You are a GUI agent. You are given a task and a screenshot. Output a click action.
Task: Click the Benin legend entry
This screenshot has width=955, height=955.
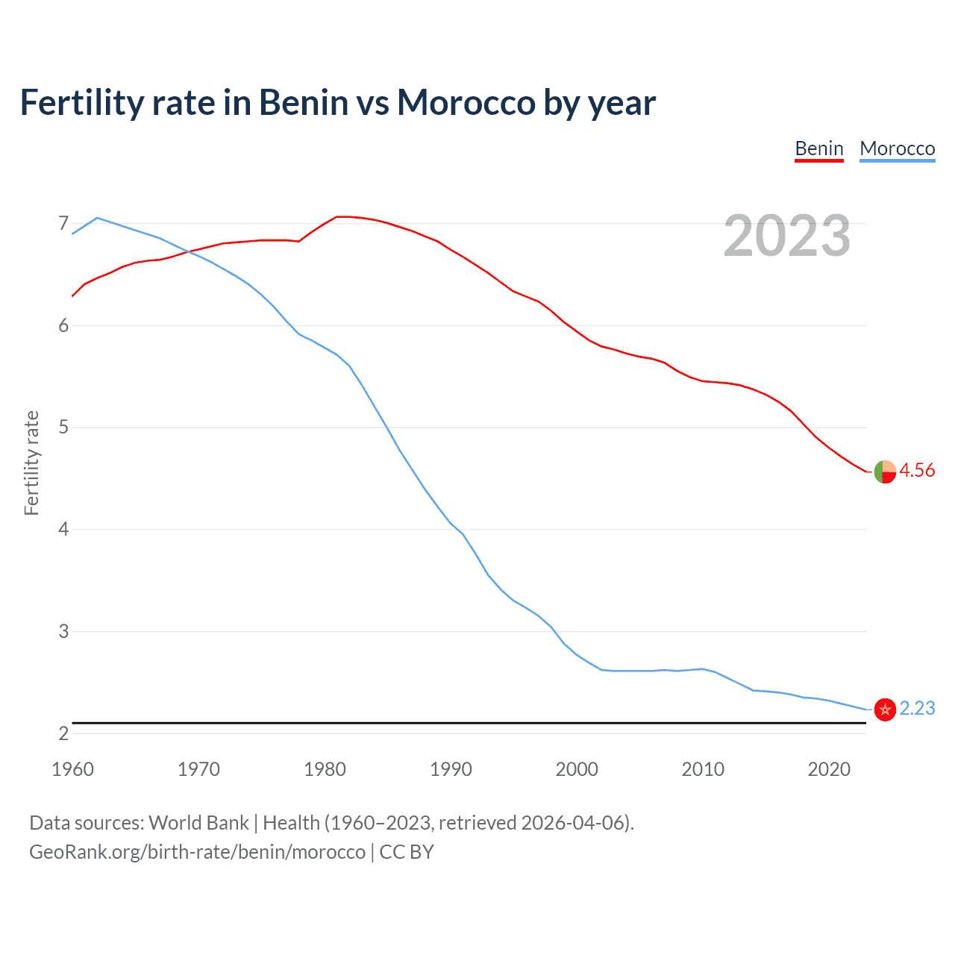coord(818,148)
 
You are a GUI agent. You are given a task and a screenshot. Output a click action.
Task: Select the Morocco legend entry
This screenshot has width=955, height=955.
coord(897,148)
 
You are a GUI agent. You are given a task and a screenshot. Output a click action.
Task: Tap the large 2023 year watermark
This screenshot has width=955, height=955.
coord(786,236)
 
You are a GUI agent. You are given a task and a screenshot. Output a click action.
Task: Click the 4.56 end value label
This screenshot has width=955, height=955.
coord(916,470)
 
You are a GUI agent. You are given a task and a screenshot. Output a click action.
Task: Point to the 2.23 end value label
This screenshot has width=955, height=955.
coord(917,708)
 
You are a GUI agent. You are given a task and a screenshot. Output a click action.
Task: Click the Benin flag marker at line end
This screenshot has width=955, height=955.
coord(885,472)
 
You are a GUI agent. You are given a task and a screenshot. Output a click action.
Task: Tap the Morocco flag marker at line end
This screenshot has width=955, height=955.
coord(885,710)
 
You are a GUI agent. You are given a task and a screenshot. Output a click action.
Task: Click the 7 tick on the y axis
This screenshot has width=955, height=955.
coord(63,223)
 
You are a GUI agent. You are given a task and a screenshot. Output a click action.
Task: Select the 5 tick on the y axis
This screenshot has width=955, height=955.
coord(63,428)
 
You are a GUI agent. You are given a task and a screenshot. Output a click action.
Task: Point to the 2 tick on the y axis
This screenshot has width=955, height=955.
coord(63,733)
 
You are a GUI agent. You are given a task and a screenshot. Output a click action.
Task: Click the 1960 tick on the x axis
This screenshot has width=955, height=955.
coord(72,769)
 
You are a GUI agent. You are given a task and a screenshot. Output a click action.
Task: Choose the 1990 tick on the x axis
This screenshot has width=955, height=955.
coord(451,769)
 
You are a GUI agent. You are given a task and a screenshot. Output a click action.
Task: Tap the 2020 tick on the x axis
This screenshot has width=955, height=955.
coord(829,769)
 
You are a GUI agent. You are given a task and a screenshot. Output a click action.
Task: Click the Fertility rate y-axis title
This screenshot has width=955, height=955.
coord(31,463)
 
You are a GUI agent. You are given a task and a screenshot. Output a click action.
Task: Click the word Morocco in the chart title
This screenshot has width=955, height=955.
coord(466,102)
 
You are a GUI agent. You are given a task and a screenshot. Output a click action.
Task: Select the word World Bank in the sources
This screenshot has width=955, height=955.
coord(198,823)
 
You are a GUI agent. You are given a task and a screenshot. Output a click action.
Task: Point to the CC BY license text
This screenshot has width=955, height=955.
coord(407,852)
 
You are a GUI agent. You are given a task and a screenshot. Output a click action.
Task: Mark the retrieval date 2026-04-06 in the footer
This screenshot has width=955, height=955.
coord(573,823)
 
